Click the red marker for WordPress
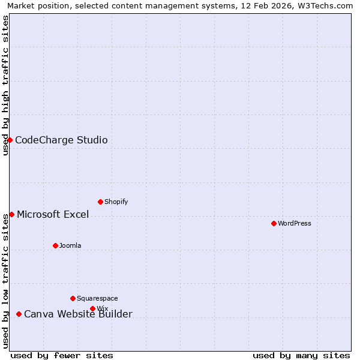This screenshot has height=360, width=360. point(274,223)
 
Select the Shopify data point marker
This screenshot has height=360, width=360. point(100,202)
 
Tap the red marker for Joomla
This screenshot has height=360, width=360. point(55,245)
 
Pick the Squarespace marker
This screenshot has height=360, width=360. point(73,298)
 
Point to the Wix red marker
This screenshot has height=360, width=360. point(92,308)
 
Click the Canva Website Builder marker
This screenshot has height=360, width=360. point(19,314)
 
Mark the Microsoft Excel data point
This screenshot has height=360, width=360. point(11,214)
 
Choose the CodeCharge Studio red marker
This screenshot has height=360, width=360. point(10,140)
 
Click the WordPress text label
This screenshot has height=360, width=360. point(294,223)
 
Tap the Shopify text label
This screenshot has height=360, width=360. point(116,202)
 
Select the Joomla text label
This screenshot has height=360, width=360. point(70,245)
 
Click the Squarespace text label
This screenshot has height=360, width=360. point(97,298)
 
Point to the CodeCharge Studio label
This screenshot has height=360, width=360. point(61,140)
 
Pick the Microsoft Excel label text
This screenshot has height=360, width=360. point(53,214)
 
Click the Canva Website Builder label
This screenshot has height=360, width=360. point(78,314)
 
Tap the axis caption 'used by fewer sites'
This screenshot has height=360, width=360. point(62,355)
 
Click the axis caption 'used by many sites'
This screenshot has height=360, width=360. point(301,355)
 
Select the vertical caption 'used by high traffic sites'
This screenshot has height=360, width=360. point(5,85)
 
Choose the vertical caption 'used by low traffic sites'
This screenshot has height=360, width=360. point(5,280)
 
